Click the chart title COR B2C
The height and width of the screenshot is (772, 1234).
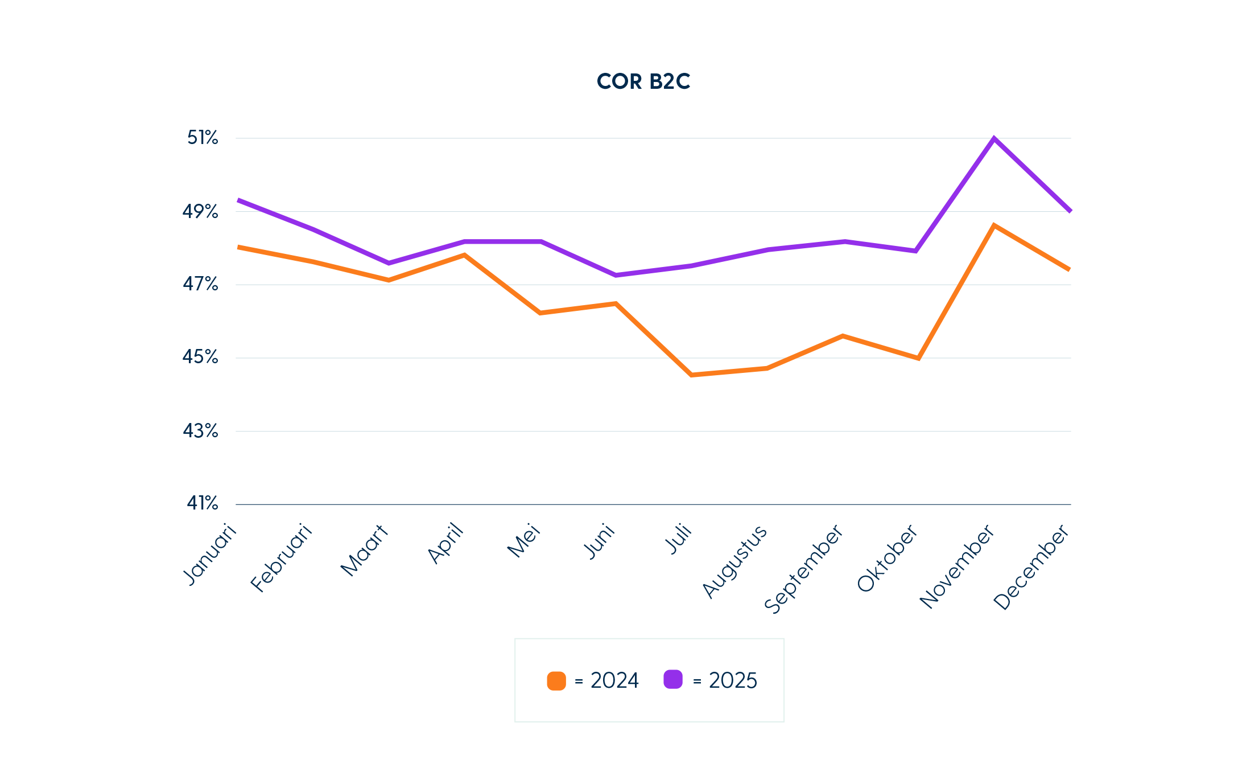click(x=643, y=81)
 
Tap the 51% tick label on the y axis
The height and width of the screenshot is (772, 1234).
click(x=203, y=138)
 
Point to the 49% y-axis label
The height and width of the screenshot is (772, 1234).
click(x=200, y=212)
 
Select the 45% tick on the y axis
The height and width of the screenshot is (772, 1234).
click(x=200, y=358)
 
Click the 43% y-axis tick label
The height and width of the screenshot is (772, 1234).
click(x=200, y=431)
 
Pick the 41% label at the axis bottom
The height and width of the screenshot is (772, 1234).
click(x=203, y=503)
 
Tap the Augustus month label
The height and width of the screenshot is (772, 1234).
click(x=734, y=561)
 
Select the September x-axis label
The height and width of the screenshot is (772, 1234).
click(x=803, y=569)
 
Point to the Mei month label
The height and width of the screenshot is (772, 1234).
click(x=523, y=540)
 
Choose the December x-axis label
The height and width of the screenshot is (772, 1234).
click(x=1031, y=568)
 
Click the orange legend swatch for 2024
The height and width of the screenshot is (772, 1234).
click(x=556, y=681)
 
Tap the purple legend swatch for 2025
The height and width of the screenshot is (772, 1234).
click(x=673, y=680)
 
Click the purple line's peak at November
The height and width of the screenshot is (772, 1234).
click(x=993, y=138)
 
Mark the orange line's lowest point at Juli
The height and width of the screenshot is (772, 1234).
click(x=691, y=375)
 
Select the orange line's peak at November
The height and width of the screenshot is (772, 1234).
click(x=993, y=225)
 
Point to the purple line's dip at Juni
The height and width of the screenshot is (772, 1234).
click(x=616, y=275)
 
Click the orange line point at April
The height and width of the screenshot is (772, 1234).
click(x=464, y=255)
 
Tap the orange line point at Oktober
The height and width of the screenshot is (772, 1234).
click(x=918, y=358)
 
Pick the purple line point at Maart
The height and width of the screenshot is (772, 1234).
click(x=389, y=263)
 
